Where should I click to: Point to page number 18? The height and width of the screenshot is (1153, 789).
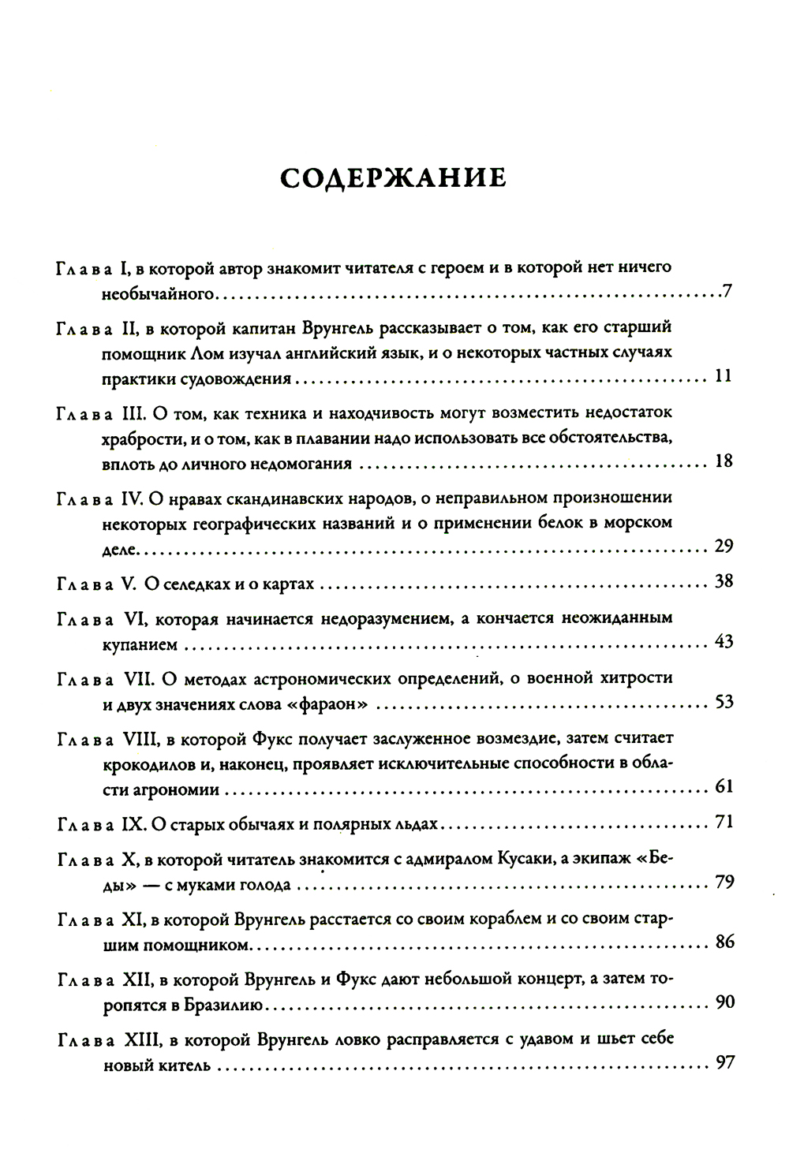tap(723, 461)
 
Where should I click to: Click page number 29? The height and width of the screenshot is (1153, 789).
tap(723, 546)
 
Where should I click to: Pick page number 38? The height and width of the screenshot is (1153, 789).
tap(723, 582)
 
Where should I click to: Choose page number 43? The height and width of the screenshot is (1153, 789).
tap(723, 641)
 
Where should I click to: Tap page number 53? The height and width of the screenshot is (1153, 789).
tap(723, 701)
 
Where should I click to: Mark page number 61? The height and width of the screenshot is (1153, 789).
tap(723, 786)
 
